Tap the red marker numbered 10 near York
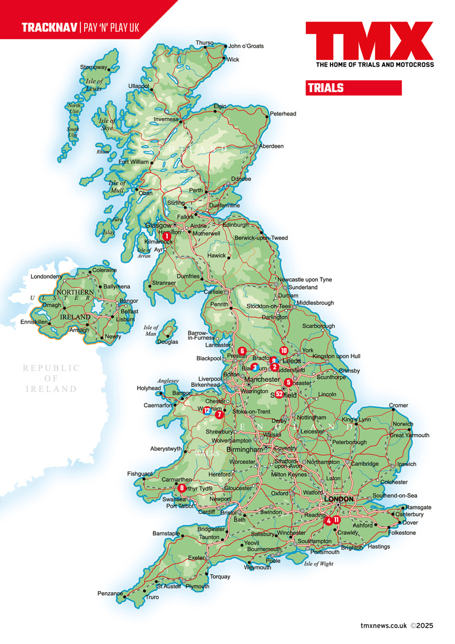click(x=284, y=350)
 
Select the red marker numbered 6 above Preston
click(x=242, y=351)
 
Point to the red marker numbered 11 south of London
click(x=337, y=519)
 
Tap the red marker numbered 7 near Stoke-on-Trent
click(x=220, y=415)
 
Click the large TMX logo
click(x=369, y=41)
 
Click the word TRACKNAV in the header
click(x=49, y=27)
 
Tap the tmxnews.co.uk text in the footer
click(x=384, y=625)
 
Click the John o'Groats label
click(x=246, y=46)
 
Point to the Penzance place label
click(x=110, y=593)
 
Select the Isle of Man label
click(x=151, y=331)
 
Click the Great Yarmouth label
click(x=409, y=435)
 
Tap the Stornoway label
click(x=93, y=67)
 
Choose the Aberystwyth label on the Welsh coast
click(x=166, y=449)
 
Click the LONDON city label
click(x=338, y=499)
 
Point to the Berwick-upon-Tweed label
click(x=262, y=238)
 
